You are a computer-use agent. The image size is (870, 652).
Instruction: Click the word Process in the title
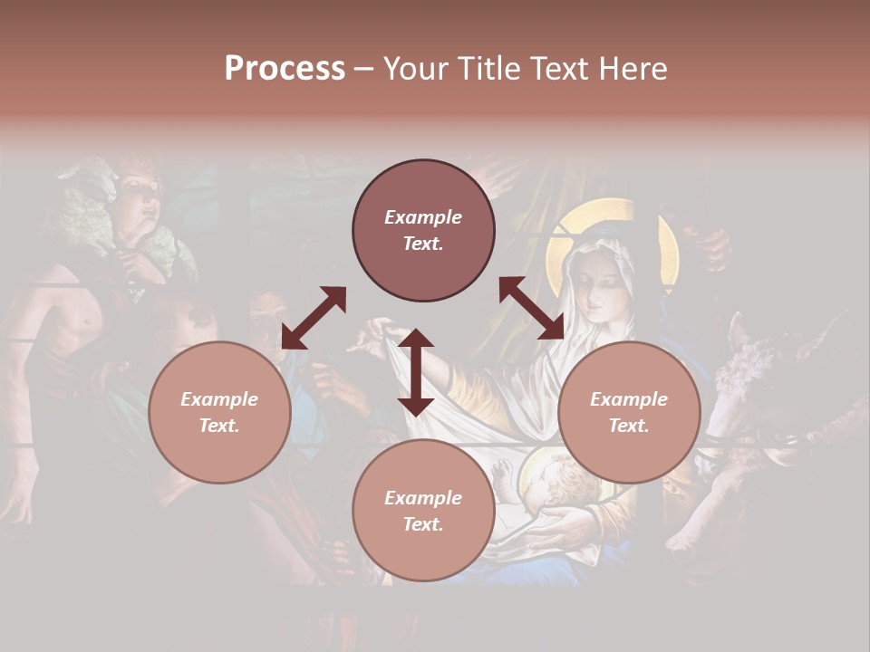click(x=285, y=69)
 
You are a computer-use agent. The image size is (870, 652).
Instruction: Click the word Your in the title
click(x=416, y=69)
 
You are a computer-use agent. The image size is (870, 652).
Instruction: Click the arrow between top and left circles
click(x=314, y=317)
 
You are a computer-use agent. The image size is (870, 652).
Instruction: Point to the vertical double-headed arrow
click(x=416, y=371)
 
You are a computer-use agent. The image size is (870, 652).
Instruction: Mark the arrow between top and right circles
click(x=532, y=309)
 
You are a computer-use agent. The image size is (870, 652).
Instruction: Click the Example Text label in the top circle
click(x=423, y=230)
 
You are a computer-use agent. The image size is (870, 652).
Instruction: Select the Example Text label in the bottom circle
click(x=423, y=511)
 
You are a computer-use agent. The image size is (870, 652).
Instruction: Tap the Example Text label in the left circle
click(x=219, y=412)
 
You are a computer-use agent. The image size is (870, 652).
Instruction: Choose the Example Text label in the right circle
click(x=629, y=412)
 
